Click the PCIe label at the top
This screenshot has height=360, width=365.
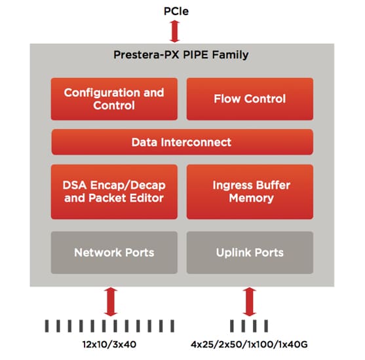(176, 11)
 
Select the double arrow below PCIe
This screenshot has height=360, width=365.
(175, 31)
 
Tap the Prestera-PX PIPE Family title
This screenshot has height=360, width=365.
(181, 55)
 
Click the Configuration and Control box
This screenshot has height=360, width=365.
(114, 99)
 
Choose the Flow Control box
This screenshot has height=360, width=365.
(250, 99)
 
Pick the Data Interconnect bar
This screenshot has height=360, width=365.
(182, 142)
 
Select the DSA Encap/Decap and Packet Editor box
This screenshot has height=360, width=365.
(114, 192)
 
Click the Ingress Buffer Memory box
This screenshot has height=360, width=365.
(250, 192)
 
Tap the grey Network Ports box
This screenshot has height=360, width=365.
(114, 252)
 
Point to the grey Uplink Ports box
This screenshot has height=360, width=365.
(250, 252)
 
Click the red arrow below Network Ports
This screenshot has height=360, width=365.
(111, 302)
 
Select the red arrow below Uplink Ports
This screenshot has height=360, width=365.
(249, 302)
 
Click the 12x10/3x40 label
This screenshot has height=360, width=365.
(109, 344)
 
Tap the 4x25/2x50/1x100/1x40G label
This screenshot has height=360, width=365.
(249, 344)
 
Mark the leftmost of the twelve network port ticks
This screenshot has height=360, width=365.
(47, 326)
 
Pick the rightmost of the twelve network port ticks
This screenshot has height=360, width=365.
(172, 326)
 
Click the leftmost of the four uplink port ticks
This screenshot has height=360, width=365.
(232, 326)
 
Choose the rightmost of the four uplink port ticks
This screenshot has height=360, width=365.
(266, 326)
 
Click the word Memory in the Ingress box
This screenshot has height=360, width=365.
(251, 198)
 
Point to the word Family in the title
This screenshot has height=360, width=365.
(230, 55)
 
